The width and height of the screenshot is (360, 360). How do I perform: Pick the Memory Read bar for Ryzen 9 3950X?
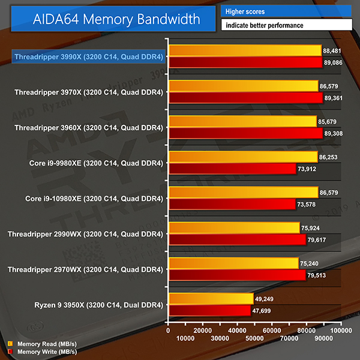211,299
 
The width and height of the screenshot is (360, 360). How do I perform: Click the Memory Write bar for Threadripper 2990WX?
238,240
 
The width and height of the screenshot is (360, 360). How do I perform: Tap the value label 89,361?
336,98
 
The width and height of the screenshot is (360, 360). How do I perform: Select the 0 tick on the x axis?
169,331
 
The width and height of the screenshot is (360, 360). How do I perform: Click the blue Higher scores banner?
287,11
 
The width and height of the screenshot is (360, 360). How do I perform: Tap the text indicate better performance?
287,25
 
